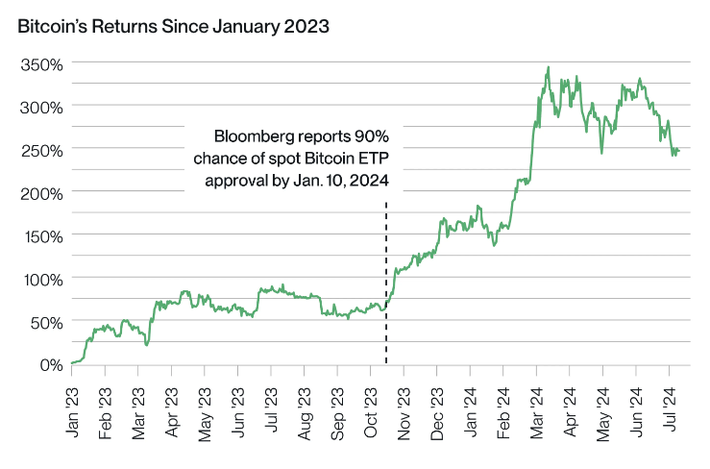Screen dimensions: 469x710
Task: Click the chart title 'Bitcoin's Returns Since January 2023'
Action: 173,26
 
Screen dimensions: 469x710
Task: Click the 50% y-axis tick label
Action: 46,322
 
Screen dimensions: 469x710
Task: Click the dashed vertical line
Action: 386,288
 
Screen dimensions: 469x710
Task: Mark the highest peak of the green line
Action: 548,68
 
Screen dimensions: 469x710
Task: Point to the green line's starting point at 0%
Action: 72,363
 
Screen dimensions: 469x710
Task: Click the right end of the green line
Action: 680,151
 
